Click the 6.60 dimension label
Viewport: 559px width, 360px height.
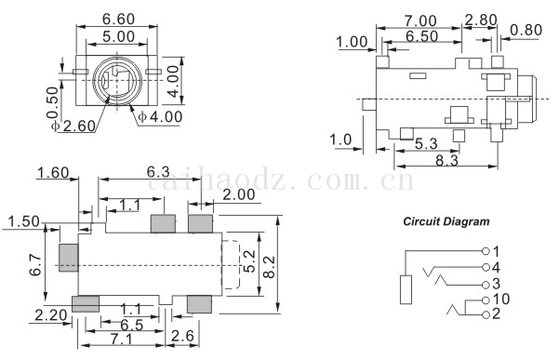click(x=118, y=20)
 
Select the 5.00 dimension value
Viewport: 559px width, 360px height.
click(x=118, y=36)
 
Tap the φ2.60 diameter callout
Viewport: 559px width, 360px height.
click(x=73, y=126)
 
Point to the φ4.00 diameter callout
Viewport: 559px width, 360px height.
click(x=160, y=116)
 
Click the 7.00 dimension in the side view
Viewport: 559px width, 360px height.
click(x=420, y=21)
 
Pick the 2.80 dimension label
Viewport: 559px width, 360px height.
click(x=481, y=20)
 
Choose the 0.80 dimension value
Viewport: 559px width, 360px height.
click(x=526, y=30)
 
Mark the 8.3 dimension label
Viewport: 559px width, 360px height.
click(x=446, y=161)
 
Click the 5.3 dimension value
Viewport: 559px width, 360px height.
click(x=426, y=143)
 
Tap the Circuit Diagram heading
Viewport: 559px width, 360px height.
click(x=446, y=221)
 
